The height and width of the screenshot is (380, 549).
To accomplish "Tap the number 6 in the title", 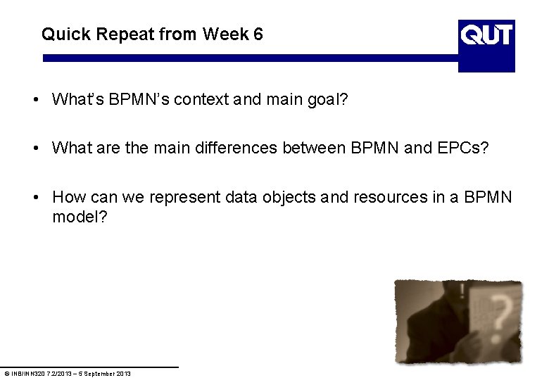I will pyautogui.click(x=258, y=34).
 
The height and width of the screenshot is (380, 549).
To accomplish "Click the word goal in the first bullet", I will pyautogui.click(x=329, y=100).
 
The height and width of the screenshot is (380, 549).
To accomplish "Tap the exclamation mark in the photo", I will pyautogui.click(x=462, y=291).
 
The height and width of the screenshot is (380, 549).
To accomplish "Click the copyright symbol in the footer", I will pyautogui.click(x=6, y=373).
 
